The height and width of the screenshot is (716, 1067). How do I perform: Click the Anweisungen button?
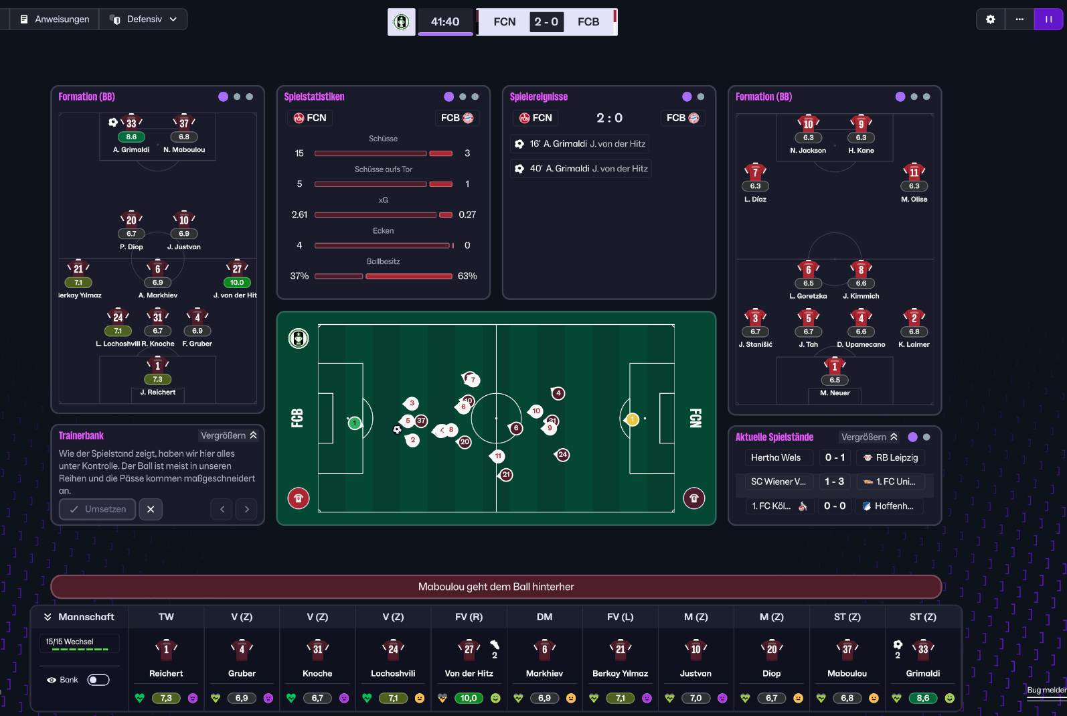tap(55, 19)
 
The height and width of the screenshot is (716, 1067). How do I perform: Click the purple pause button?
tap(1048, 19)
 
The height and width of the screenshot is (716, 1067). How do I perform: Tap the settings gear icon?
tap(991, 19)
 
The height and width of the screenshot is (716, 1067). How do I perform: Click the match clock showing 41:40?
tap(445, 21)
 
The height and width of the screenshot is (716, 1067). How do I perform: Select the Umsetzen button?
tap(98, 509)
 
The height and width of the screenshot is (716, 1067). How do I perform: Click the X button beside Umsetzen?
tap(151, 509)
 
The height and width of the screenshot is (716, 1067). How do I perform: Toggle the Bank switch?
tap(98, 680)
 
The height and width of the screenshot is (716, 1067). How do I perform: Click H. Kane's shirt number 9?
tap(861, 124)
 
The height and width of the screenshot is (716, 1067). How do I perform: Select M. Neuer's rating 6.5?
tap(835, 380)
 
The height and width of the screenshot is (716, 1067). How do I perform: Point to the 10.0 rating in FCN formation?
tap(237, 283)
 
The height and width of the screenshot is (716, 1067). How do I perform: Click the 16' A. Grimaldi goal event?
tap(580, 144)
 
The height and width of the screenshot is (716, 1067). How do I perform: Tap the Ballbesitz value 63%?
tap(467, 276)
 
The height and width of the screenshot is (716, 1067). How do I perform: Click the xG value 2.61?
tap(299, 214)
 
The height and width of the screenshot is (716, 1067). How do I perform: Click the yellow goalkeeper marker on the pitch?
tap(632, 420)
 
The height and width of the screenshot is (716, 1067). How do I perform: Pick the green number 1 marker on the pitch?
tap(354, 423)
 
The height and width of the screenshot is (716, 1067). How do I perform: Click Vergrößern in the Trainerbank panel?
tap(228, 435)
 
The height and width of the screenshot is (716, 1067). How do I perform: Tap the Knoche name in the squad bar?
tap(317, 673)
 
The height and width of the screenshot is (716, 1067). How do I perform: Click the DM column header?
tap(544, 617)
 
